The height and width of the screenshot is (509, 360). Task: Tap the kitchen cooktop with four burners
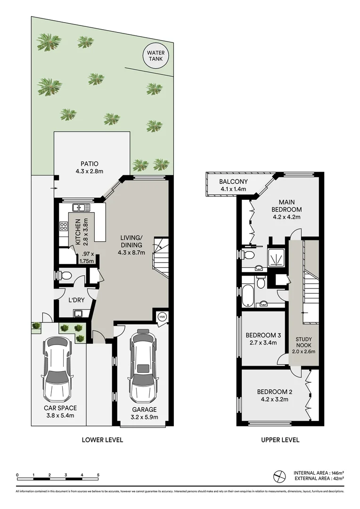[63, 226]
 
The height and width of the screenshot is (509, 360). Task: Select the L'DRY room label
[76, 300]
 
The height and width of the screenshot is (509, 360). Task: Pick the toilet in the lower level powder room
[65, 275]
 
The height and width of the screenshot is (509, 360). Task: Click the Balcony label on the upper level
[233, 182]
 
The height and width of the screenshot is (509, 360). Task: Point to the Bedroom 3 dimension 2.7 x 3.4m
[263, 343]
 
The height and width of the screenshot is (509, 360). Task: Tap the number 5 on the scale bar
[98, 475]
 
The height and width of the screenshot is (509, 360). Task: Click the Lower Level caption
[102, 440]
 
